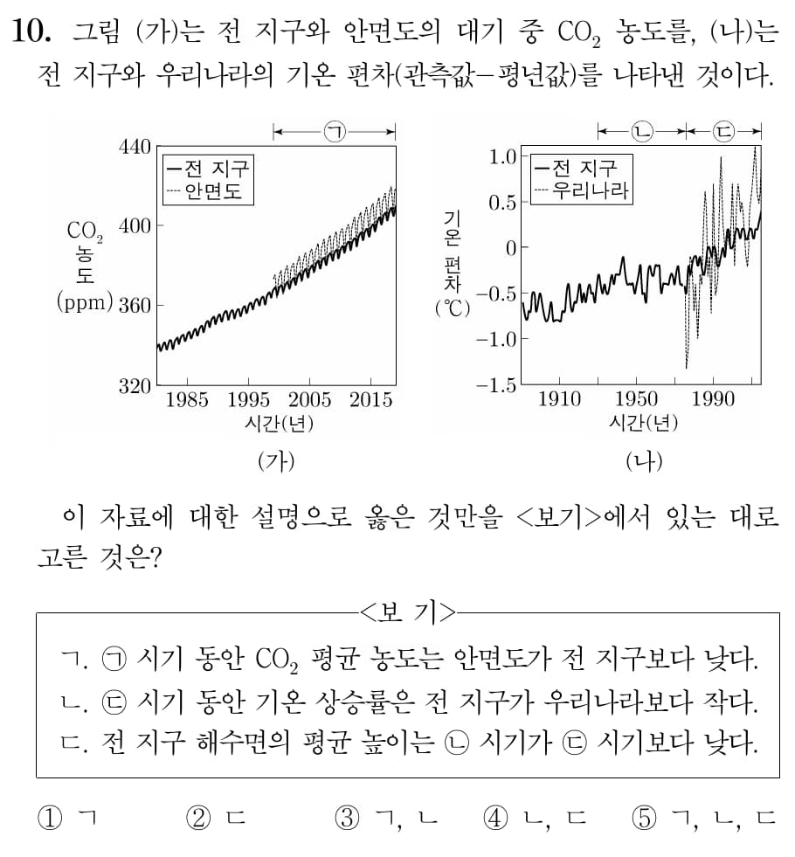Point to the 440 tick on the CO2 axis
[x=135, y=147]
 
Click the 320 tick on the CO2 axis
[x=135, y=385]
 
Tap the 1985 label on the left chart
[x=187, y=401]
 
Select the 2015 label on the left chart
[x=370, y=401]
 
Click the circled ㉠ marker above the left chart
[x=335, y=132]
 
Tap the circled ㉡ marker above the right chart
[x=641, y=132]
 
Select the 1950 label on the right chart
[x=636, y=400]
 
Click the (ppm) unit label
[x=85, y=303]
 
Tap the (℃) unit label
[x=453, y=308]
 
